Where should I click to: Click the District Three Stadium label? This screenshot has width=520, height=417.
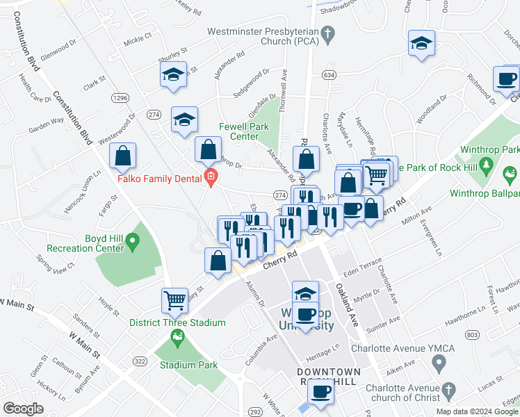pyautogui.click(x=177, y=322)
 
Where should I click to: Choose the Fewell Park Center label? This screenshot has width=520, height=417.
pyautogui.click(x=239, y=131)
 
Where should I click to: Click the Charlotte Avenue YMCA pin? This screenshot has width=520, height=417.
pyautogui.click(x=439, y=361)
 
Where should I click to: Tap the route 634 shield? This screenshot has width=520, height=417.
pyautogui.click(x=329, y=74)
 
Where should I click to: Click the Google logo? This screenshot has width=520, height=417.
pyautogui.click(x=22, y=409)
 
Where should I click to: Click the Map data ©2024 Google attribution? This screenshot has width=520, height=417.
pyautogui.click(x=477, y=411)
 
